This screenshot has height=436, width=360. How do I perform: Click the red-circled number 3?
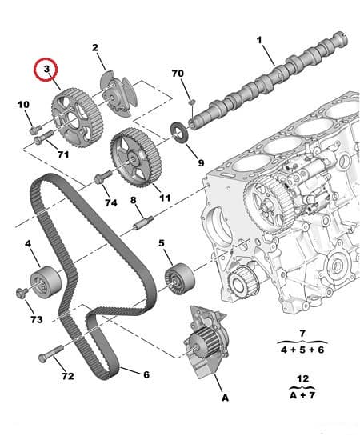pyautogui.click(x=47, y=70)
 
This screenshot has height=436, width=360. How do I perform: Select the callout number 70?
pyautogui.click(x=178, y=74)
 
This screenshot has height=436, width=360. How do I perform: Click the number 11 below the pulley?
pyautogui.click(x=165, y=197)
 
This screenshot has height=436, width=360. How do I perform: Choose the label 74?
pyautogui.click(x=111, y=203)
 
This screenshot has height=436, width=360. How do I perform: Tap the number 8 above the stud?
pyautogui.click(x=134, y=200)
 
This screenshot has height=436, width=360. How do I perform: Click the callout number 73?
pyautogui.click(x=36, y=319)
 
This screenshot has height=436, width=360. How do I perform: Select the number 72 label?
pyautogui.click(x=67, y=375)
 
